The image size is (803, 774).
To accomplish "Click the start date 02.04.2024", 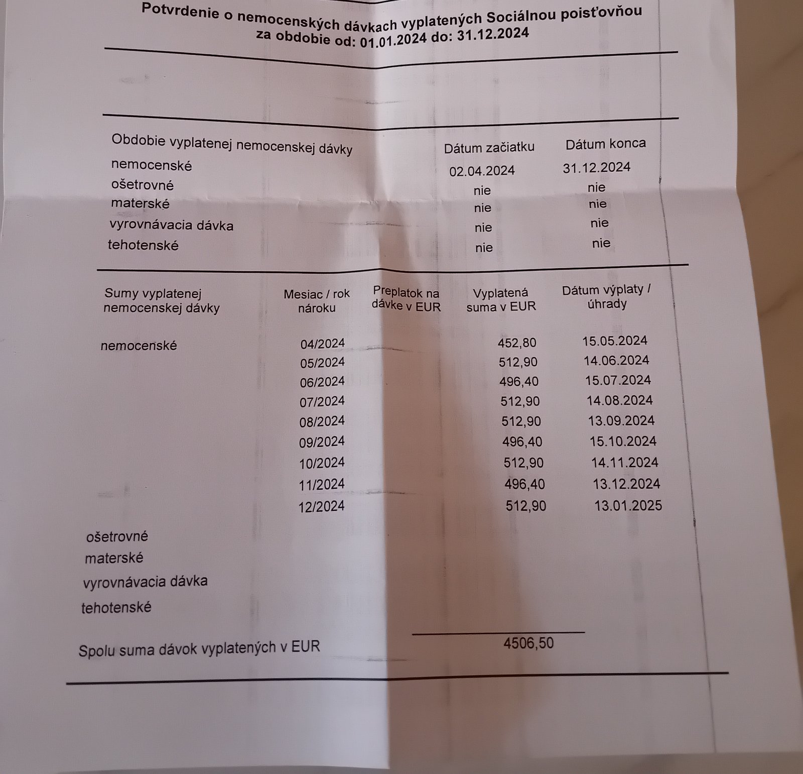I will click(x=482, y=171).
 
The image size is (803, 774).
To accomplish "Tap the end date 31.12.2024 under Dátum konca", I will click(x=596, y=167).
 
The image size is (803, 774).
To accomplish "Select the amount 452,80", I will click(x=517, y=343).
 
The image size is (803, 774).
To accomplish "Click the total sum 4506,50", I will click(x=528, y=643).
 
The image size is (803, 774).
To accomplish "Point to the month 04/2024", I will click(x=322, y=344).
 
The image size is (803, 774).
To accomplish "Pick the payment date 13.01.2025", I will click(x=628, y=505).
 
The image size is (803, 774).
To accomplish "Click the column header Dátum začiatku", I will click(x=489, y=147).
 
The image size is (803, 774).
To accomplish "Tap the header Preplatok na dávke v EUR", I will click(x=406, y=299).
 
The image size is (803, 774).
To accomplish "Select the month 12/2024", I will click(x=321, y=506).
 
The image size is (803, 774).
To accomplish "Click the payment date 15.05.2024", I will click(x=615, y=341).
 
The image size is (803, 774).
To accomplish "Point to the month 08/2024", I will click(x=322, y=421).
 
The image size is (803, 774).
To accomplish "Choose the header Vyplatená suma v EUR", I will click(x=501, y=300).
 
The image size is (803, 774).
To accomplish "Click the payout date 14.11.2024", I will click(x=624, y=462).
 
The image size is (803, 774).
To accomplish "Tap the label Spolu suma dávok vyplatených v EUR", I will click(x=199, y=648).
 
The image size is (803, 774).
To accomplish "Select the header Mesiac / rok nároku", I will click(x=317, y=301).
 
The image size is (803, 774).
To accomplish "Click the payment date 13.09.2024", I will click(x=621, y=420).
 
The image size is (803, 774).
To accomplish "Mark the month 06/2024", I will click(x=322, y=382).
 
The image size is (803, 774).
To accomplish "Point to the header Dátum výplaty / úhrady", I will click(x=606, y=297).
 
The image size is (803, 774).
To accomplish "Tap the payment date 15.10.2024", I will click(x=623, y=441).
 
